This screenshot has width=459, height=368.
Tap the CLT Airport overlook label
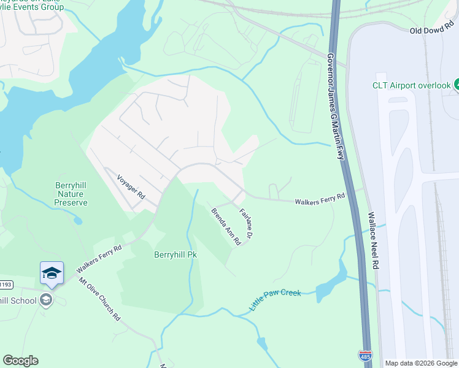tap(412, 85)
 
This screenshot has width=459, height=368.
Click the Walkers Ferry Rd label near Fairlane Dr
tap(320, 200)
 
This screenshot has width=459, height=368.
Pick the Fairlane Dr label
tap(247, 223)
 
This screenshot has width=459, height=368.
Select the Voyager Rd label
tap(131, 186)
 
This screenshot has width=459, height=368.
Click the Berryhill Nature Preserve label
tap(71, 193)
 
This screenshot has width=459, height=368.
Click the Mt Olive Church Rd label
tap(99, 301)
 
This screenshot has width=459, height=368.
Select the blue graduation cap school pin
tap(52, 273)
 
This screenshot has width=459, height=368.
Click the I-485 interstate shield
tap(364, 356)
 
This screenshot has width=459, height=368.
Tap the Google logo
tap(20, 361)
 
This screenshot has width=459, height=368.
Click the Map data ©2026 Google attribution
tap(421, 363)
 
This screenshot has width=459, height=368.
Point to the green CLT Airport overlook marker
tap(457, 85)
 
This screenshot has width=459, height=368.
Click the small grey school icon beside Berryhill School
tap(45, 300)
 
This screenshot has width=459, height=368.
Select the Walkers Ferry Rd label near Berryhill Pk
tap(99, 259)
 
